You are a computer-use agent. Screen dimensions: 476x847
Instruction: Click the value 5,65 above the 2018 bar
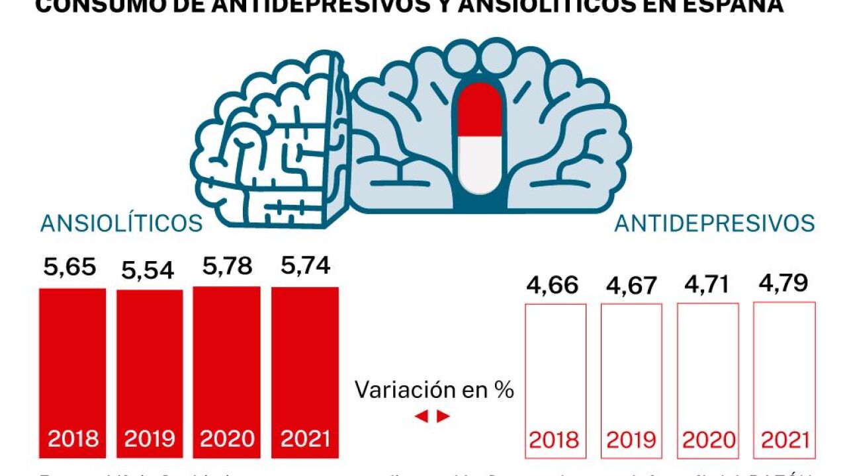(70, 268)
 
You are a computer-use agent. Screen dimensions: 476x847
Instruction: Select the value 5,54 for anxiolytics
(147, 270)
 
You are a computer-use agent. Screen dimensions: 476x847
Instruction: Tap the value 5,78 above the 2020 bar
(227, 266)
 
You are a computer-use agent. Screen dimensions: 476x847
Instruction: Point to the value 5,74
(304, 266)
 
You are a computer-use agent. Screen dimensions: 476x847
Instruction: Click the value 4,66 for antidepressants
(553, 286)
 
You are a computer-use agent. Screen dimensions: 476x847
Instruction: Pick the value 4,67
(631, 286)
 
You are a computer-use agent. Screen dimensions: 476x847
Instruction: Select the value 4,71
(707, 284)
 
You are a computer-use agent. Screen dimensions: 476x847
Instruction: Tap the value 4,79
(783, 283)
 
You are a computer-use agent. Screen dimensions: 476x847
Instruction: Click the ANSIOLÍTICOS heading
(122, 223)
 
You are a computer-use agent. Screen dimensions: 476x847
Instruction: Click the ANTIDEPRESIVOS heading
(715, 223)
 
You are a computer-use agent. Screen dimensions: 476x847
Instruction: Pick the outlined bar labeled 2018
(555, 370)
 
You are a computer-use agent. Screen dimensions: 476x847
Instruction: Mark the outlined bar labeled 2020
(707, 370)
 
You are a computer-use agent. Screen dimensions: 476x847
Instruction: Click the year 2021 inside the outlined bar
(785, 440)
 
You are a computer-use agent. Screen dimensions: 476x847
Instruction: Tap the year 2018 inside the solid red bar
(73, 439)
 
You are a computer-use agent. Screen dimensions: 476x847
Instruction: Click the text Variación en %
(434, 390)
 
